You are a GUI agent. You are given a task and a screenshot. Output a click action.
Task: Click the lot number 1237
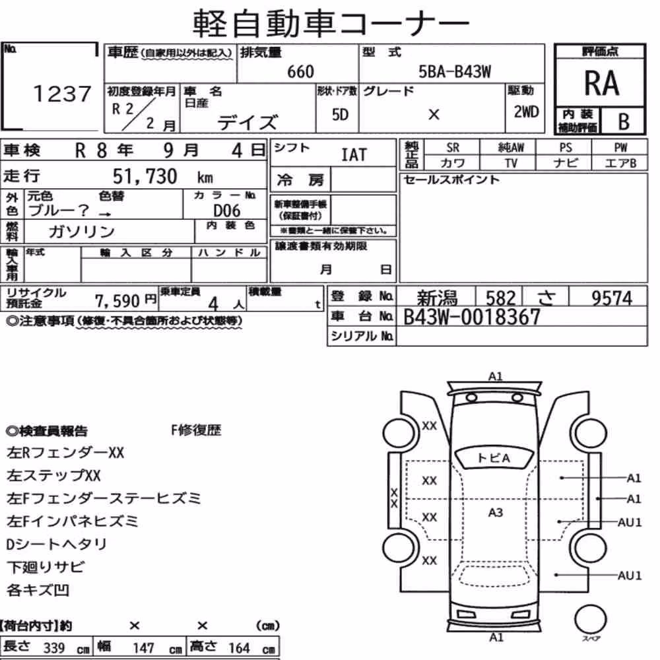62,94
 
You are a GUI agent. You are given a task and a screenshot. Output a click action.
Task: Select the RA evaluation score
601,83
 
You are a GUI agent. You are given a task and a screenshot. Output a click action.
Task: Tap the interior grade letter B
624,121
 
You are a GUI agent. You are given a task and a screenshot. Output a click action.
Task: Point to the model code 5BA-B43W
455,72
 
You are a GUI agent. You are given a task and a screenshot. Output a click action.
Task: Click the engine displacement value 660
300,72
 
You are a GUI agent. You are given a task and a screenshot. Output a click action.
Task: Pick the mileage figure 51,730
145,176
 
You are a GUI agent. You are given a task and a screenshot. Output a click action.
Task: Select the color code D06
227,211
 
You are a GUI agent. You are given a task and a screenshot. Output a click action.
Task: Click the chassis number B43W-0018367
471,317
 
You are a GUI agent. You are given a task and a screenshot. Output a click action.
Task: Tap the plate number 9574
612,298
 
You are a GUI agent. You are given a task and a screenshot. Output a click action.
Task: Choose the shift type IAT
354,154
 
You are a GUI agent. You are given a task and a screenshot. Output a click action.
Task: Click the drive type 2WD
526,112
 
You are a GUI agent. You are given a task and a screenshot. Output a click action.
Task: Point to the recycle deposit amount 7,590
117,300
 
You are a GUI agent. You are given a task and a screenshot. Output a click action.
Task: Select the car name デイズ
247,122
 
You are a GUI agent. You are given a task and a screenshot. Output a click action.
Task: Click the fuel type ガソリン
82,231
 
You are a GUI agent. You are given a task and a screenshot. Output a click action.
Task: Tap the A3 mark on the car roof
496,512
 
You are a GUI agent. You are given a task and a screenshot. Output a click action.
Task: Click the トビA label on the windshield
494,457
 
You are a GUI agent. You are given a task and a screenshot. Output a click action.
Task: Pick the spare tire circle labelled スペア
590,620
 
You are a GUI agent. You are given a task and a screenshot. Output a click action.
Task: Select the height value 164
239,648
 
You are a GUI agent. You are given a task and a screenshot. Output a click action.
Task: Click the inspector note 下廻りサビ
46,567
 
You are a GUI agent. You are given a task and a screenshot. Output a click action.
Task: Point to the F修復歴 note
196,430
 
